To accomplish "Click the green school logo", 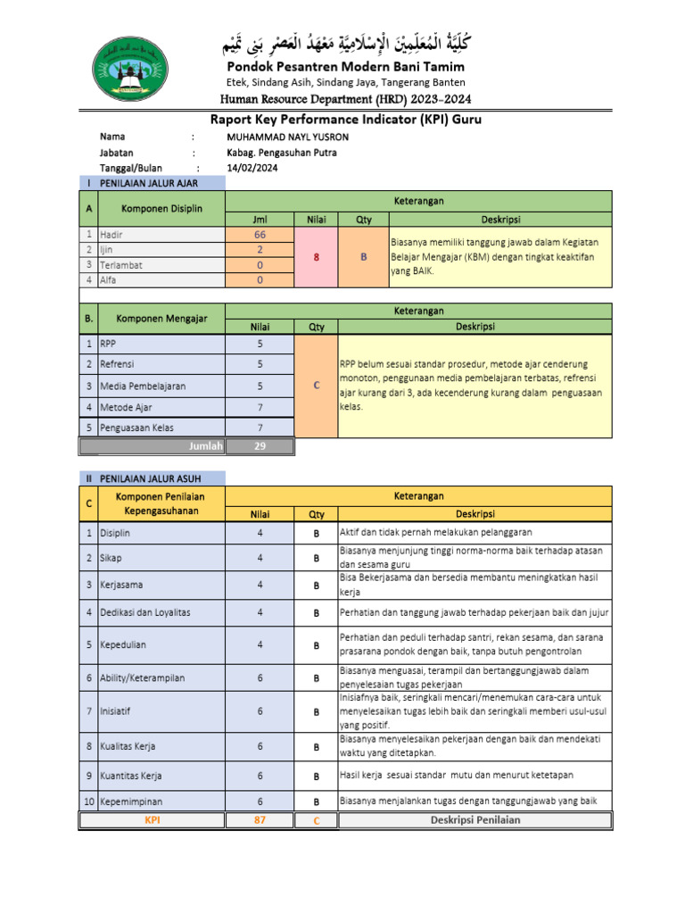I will pos(135,71).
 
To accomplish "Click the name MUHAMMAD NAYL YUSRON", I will pos(288,137).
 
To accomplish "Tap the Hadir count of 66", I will pos(260,235).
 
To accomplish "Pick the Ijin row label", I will pos(108,250).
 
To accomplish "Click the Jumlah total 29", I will pos(260,446).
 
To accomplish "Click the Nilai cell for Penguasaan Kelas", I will pos(260,428).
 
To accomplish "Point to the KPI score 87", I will pos(260,820).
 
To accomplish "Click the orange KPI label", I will pos(152,820).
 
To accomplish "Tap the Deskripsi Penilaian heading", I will pos(475,820).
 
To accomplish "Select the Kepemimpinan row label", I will pos(131,802).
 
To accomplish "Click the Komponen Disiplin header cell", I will pos(161,208).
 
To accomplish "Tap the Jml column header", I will pos(260,219).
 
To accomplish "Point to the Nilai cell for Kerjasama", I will pos(260,585).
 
